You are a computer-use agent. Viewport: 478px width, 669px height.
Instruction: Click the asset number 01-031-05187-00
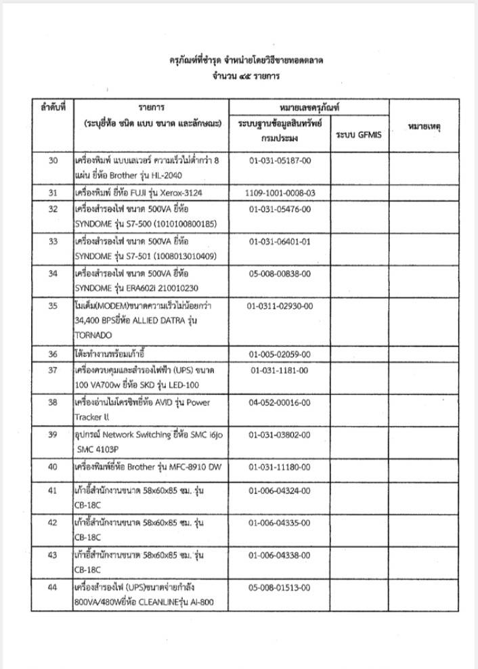(x=279, y=162)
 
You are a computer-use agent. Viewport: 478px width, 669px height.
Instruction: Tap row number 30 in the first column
(x=52, y=162)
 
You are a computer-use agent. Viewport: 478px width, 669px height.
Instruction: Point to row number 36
(x=52, y=353)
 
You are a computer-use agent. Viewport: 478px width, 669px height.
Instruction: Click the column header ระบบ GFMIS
(x=359, y=135)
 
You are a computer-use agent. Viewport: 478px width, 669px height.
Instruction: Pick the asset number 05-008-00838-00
(x=280, y=274)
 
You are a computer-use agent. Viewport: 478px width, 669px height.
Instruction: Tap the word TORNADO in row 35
(x=94, y=334)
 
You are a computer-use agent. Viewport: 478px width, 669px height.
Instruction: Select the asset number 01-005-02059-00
(x=280, y=353)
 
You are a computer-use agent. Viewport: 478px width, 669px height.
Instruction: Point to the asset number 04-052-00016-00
(x=280, y=402)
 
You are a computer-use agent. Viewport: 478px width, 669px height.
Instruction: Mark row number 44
(x=52, y=586)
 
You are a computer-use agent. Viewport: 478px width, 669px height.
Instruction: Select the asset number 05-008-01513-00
(x=280, y=586)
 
